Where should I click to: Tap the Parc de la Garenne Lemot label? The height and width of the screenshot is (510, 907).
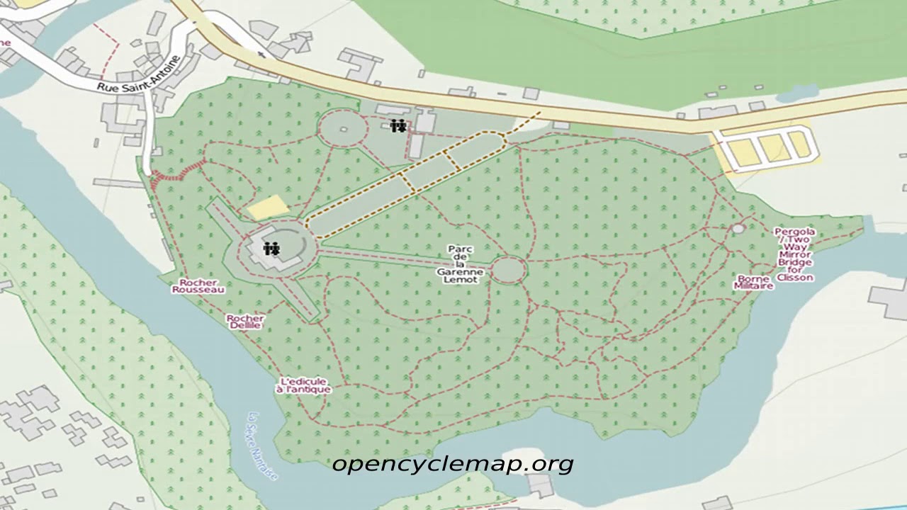[x=460, y=264]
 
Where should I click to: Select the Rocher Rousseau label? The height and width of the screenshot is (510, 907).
[x=198, y=286]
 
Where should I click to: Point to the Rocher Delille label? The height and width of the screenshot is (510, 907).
[x=245, y=322]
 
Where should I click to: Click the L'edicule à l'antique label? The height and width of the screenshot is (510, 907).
[x=303, y=385]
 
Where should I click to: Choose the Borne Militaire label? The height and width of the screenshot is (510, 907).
[x=753, y=283]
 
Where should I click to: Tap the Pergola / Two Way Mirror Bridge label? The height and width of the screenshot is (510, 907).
[x=794, y=254]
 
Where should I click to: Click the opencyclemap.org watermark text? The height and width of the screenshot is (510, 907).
[x=452, y=464]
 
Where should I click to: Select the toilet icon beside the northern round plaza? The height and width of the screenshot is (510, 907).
[x=398, y=126]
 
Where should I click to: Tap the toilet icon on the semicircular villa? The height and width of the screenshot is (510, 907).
[x=271, y=249]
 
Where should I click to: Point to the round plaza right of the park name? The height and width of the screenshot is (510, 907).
[x=509, y=270]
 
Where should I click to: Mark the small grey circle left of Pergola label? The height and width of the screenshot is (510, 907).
[x=738, y=229]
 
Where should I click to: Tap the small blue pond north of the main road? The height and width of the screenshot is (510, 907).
[x=797, y=93]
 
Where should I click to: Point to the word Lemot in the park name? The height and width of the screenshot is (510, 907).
[x=460, y=280]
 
